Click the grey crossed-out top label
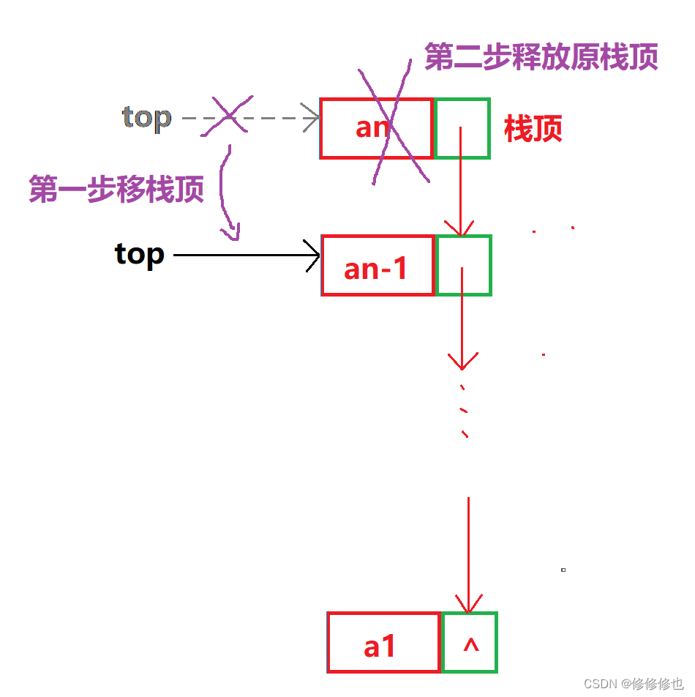(x=146, y=117)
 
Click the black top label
(x=139, y=255)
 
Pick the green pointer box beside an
(x=462, y=128)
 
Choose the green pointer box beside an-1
(x=464, y=265)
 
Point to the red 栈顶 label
(x=533, y=130)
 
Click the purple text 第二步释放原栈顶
(x=541, y=56)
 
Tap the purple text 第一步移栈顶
(x=116, y=189)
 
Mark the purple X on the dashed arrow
(x=228, y=115)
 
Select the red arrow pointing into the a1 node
(x=468, y=556)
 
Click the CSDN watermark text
(x=633, y=683)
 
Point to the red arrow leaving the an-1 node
(x=462, y=318)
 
